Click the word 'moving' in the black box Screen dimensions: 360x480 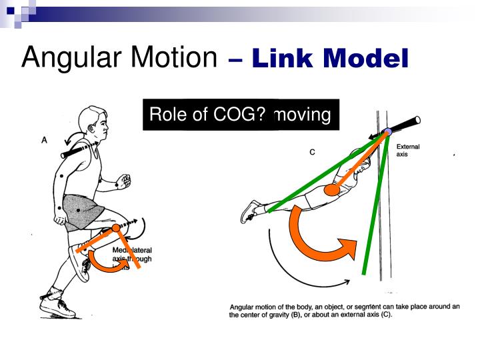click(x=303, y=115)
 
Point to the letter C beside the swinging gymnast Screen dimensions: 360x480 click(x=311, y=152)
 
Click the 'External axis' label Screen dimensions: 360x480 click(x=407, y=150)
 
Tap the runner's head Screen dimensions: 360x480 click(x=91, y=123)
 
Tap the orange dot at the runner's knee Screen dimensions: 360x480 click(x=116, y=229)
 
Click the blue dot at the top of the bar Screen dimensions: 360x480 click(x=387, y=133)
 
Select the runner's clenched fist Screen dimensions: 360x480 click(x=123, y=180)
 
